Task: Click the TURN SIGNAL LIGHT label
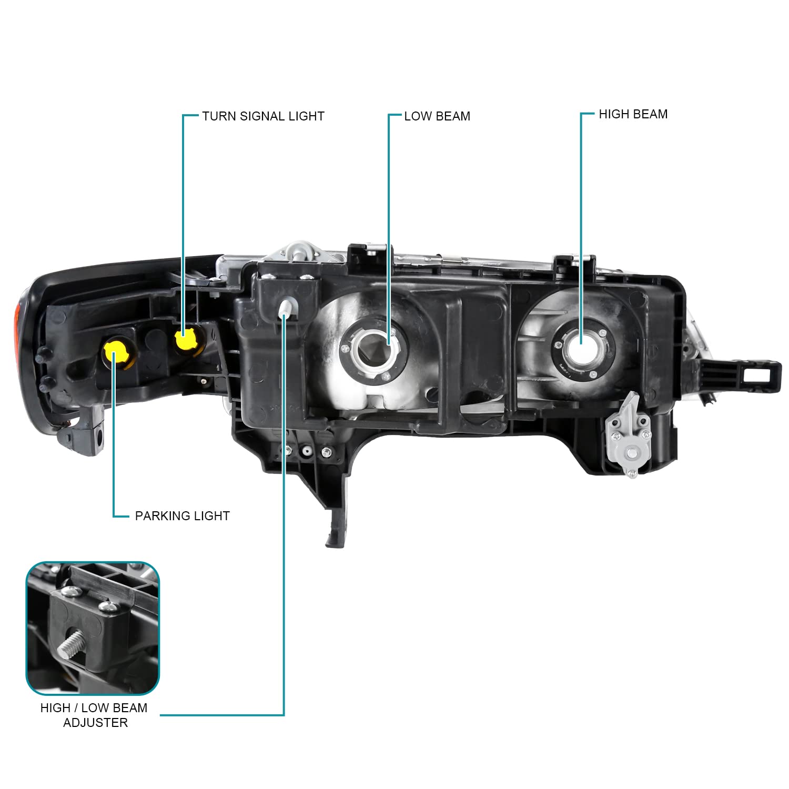click(x=263, y=116)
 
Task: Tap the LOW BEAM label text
click(x=437, y=116)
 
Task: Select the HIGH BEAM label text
click(x=633, y=114)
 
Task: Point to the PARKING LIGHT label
click(x=182, y=516)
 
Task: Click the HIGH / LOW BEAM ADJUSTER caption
click(x=94, y=715)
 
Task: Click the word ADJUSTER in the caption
click(x=95, y=723)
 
